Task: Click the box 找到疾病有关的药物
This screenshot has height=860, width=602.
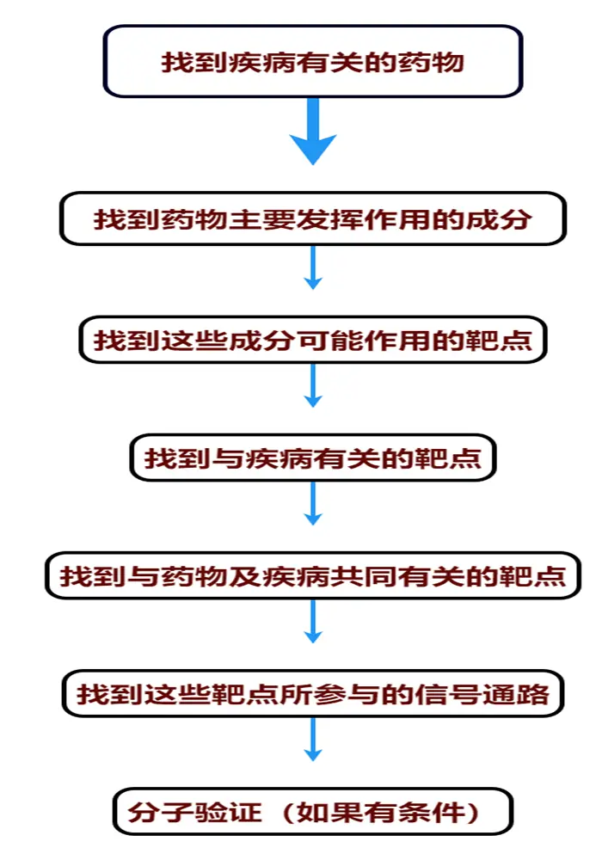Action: tap(313, 61)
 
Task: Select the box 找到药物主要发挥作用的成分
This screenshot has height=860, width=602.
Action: tap(313, 219)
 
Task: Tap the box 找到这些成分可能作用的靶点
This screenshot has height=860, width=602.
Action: tap(313, 340)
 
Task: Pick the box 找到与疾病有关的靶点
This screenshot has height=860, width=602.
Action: tap(313, 458)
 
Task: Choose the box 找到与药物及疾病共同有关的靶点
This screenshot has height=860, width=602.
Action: tap(313, 574)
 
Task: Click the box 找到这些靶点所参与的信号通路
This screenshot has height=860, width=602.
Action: tap(313, 693)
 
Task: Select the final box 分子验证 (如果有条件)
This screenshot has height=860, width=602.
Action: tap(313, 811)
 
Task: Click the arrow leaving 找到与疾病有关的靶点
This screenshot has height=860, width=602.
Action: tap(313, 504)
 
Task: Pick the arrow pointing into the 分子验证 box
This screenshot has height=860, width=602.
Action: tap(313, 740)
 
